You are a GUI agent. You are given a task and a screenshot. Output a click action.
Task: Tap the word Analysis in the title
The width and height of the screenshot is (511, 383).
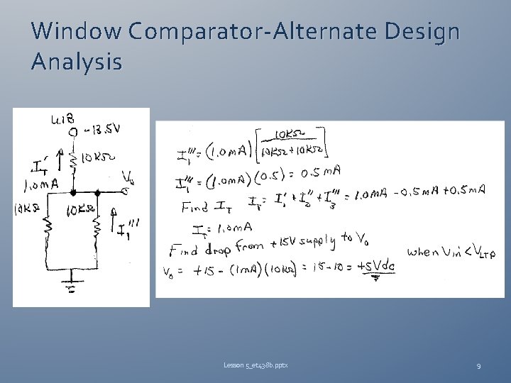coord(76,62)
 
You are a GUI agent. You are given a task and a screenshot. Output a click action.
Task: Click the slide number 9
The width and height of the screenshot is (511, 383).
coord(478,365)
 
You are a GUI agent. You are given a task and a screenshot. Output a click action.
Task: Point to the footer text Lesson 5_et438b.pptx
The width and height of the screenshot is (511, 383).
coord(255,365)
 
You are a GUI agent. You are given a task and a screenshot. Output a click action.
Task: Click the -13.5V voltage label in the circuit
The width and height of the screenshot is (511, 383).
coord(103,128)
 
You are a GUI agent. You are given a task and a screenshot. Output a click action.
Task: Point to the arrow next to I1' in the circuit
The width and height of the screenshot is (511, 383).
coord(56,161)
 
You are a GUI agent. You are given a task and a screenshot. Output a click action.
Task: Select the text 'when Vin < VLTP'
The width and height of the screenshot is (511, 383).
coord(451,252)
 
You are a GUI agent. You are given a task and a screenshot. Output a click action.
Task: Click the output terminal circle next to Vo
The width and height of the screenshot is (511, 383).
coord(125,190)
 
